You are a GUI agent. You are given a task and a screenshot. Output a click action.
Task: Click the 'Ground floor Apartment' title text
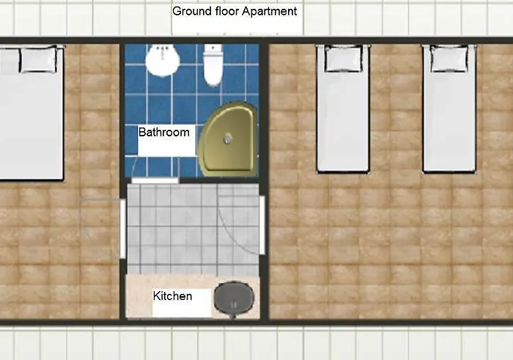pos(235,12)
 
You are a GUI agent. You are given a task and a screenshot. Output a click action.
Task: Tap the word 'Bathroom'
pos(164,132)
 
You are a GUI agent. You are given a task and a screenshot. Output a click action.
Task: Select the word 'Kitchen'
pos(172,296)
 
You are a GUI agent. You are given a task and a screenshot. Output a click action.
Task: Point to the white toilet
pos(213,65)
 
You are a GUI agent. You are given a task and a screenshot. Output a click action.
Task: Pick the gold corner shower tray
pos(228,139)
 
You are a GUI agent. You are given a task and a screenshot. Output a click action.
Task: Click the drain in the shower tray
pos(228,139)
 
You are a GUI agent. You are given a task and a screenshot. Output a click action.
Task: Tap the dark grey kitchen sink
pos(234,298)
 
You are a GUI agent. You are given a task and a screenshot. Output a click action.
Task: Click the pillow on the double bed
pos(39,59)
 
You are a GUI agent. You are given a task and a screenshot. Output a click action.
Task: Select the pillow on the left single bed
pos(343,59)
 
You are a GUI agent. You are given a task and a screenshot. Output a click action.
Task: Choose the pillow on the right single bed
pos(449,59)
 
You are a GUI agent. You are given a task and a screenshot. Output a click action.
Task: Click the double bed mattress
pos(32,112)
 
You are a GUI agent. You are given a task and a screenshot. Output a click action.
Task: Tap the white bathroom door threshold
pos(155,180)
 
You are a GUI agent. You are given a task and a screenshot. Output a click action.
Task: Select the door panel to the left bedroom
pos(122,228)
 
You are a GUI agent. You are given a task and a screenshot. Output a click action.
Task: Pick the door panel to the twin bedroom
pos(262,225)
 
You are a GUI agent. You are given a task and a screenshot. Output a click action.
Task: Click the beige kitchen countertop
pos(170,296)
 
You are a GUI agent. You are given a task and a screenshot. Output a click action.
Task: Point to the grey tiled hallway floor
pos(193,229)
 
